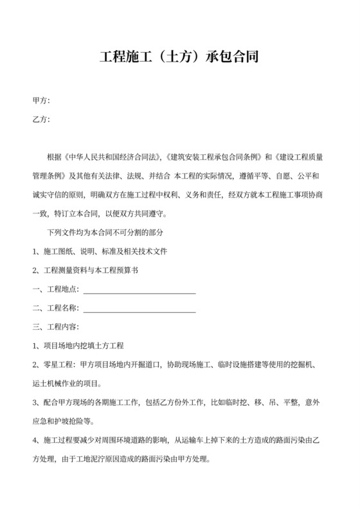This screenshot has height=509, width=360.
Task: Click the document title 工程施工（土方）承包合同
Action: [x=179, y=57]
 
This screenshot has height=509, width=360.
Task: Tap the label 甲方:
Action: [x=41, y=101]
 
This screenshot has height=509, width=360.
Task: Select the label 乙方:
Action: [x=41, y=119]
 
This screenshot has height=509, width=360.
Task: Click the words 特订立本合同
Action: [x=84, y=214]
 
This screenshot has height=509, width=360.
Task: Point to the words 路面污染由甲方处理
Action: [x=174, y=460]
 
